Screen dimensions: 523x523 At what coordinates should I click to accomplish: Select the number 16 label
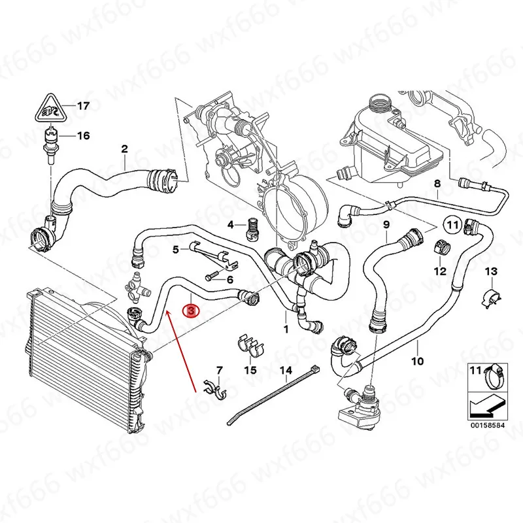84,136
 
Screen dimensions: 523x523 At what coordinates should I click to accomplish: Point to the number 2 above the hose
124,149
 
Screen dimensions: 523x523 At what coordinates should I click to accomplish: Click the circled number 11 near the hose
452,225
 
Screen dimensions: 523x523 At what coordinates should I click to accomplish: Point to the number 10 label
417,361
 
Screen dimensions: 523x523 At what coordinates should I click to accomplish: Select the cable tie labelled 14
273,395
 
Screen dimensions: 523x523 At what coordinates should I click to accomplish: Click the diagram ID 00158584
488,426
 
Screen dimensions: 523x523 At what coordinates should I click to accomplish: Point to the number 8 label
437,183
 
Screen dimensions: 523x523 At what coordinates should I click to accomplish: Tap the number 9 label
386,224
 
